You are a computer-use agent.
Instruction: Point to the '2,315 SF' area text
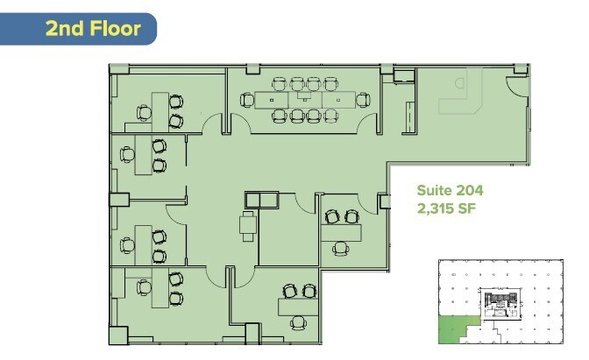tap(446, 209)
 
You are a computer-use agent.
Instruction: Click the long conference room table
tap(303, 99)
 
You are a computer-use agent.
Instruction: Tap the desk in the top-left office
tap(160, 108)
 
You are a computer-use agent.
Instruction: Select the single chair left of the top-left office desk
tap(143, 111)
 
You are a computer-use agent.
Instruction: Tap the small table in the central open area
tap(248, 223)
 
